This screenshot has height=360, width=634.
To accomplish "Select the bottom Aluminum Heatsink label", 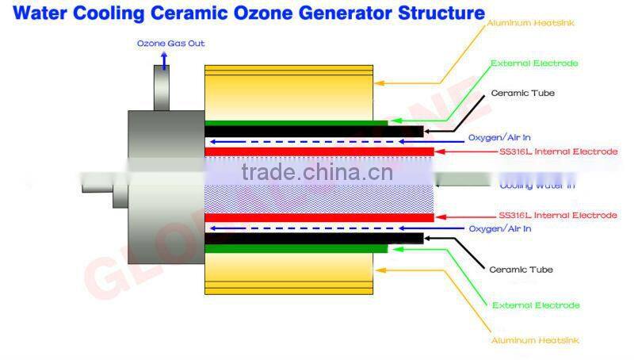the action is click(x=536, y=340).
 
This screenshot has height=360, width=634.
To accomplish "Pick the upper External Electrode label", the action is click(x=535, y=63).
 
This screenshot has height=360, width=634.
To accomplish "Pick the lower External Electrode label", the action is click(x=536, y=305).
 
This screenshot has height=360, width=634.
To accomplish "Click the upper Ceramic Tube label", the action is click(x=523, y=94).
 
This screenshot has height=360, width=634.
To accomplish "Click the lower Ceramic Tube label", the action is click(x=521, y=270).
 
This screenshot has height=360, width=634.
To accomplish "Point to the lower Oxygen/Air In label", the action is click(x=500, y=229).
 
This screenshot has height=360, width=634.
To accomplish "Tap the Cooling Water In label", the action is click(x=537, y=186).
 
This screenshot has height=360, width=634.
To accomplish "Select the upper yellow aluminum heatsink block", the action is click(x=288, y=91).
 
